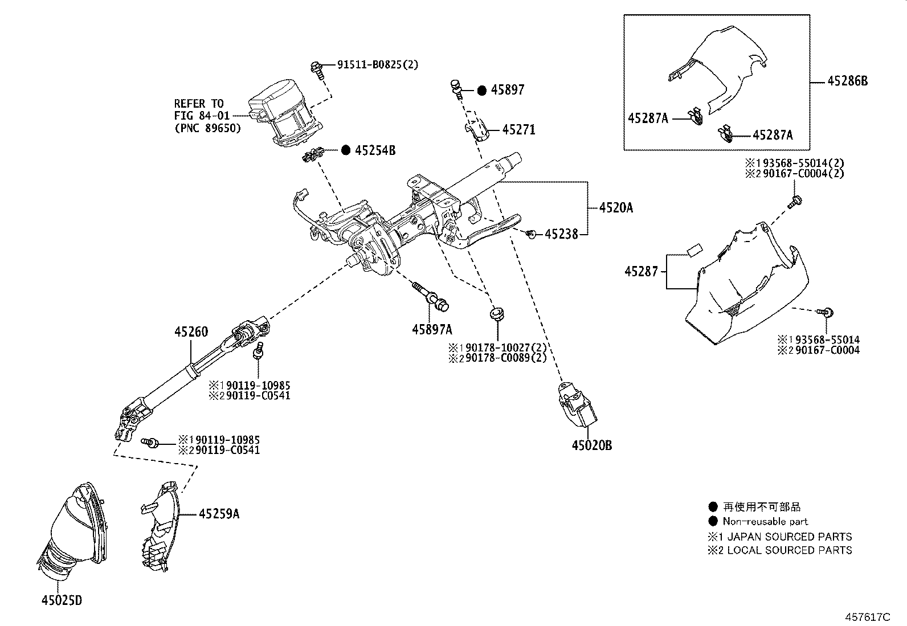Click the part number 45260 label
click(191, 332)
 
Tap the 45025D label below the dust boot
click(62, 600)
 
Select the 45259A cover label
click(219, 514)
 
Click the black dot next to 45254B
click(346, 150)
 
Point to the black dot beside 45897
click(481, 90)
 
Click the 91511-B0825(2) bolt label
click(377, 65)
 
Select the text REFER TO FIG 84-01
click(199, 110)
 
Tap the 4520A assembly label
click(616, 208)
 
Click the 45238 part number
click(561, 234)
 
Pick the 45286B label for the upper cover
click(848, 81)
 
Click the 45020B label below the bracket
click(592, 446)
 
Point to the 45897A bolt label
click(432, 329)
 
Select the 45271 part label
click(519, 130)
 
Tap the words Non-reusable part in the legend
click(765, 521)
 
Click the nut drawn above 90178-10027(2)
click(497, 314)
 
